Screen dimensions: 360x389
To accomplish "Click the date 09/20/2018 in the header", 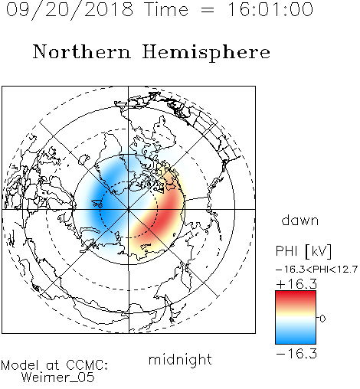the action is click(x=70, y=10).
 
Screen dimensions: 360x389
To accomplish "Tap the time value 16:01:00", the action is click(x=270, y=10).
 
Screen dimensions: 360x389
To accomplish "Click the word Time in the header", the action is click(x=166, y=10).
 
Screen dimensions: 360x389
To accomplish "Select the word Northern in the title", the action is click(x=82, y=51).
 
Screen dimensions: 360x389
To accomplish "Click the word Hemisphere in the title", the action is click(x=206, y=53).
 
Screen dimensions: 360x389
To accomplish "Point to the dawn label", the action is click(x=300, y=220).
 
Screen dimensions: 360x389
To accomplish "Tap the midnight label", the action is click(x=180, y=359).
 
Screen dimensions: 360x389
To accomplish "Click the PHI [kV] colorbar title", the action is click(x=303, y=251).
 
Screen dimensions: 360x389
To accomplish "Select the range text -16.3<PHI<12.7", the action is click(x=316, y=270).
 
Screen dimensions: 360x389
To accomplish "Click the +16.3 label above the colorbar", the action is click(x=296, y=284).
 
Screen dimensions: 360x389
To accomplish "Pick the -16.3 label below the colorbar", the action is click(x=296, y=354).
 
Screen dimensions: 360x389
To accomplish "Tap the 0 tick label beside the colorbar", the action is click(x=322, y=319).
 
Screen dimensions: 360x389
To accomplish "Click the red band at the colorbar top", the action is click(x=296, y=296).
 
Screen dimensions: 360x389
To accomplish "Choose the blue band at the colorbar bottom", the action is click(x=296, y=338).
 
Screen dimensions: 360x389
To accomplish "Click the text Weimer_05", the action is click(x=57, y=378).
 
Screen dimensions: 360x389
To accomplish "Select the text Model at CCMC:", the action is click(x=54, y=365).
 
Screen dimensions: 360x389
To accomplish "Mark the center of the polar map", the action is click(x=129, y=210).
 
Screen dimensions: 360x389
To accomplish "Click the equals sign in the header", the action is click(x=208, y=10).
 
